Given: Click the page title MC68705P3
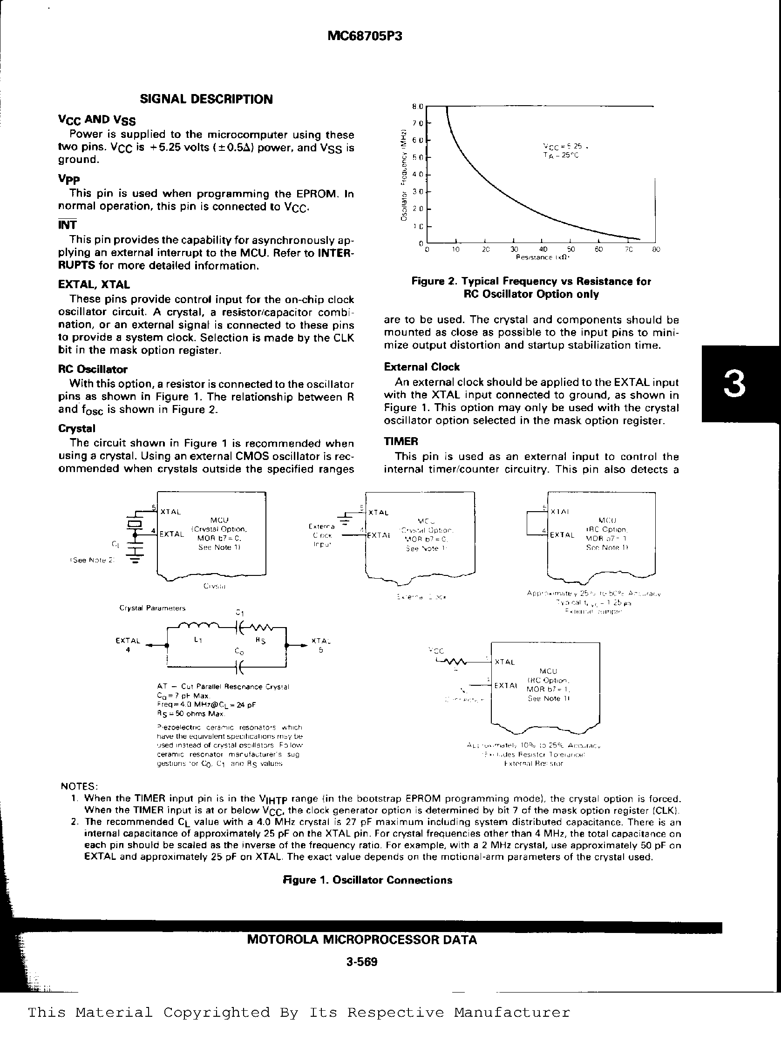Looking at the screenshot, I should pyautogui.click(x=365, y=36).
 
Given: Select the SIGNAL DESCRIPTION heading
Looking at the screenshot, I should pyautogui.click(x=206, y=99).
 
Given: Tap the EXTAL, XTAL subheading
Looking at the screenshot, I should pyautogui.click(x=94, y=284).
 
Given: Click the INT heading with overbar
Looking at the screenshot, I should pyautogui.click(x=67, y=225).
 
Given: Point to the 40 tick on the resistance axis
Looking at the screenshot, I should pyautogui.click(x=543, y=250).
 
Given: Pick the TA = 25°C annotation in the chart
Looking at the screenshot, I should pyautogui.click(x=561, y=155).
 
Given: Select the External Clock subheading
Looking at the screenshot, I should pyautogui.click(x=421, y=367).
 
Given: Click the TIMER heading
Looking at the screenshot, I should pyautogui.click(x=401, y=441).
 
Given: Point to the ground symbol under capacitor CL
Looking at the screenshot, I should pyautogui.click(x=136, y=561).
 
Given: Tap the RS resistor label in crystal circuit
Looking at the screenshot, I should pyautogui.click(x=260, y=641).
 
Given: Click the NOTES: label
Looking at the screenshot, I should pyautogui.click(x=80, y=786).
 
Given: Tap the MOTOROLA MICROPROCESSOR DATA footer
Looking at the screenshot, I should pyautogui.click(x=362, y=940).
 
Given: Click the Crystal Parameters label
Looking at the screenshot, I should pyautogui.click(x=152, y=608).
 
